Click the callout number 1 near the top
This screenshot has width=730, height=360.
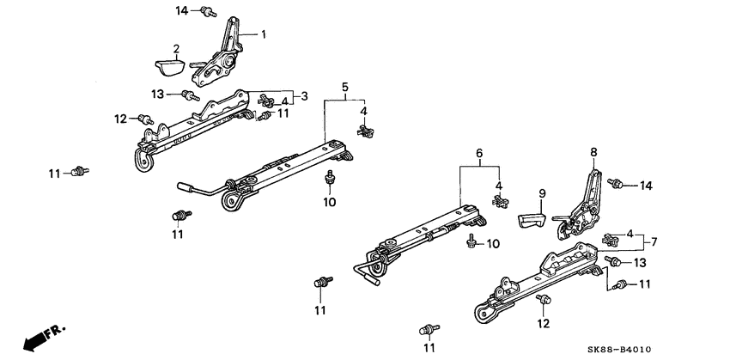coord(265,34)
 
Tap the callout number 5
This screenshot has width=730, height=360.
coord(345,87)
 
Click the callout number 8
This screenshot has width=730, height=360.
coord(592,152)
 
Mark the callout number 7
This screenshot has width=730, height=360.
coord(655,241)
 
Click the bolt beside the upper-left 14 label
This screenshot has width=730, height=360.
coord(207,11)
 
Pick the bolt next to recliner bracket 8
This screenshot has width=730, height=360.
coord(617,183)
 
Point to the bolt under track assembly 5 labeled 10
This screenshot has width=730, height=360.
coord(329,179)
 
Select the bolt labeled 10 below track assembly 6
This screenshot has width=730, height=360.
coord(471,244)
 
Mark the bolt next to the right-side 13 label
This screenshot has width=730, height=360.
coord(612,261)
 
